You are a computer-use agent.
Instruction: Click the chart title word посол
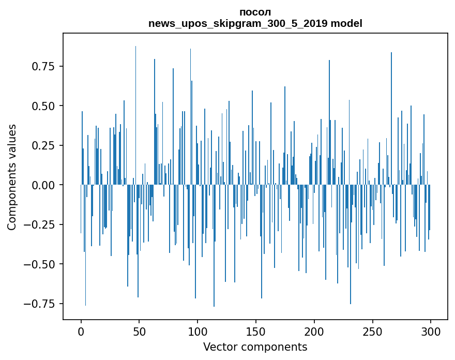click(x=255, y=12)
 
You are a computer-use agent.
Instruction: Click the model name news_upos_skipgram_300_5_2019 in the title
click(x=238, y=24)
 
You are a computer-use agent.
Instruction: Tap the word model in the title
click(x=346, y=24)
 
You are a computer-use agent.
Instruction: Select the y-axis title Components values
click(x=12, y=177)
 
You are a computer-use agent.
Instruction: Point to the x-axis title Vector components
click(x=255, y=347)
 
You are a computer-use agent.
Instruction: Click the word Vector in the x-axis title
click(x=218, y=347)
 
